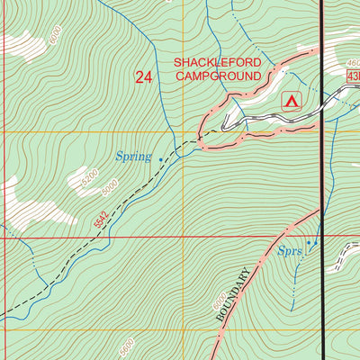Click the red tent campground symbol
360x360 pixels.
291,101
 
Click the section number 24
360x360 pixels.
143,77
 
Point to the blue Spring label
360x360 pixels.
133,157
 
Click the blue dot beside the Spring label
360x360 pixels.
161,160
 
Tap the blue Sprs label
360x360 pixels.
289,253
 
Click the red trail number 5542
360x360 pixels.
101,216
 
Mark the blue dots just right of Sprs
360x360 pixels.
312,243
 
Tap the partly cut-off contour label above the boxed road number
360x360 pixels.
352,64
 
